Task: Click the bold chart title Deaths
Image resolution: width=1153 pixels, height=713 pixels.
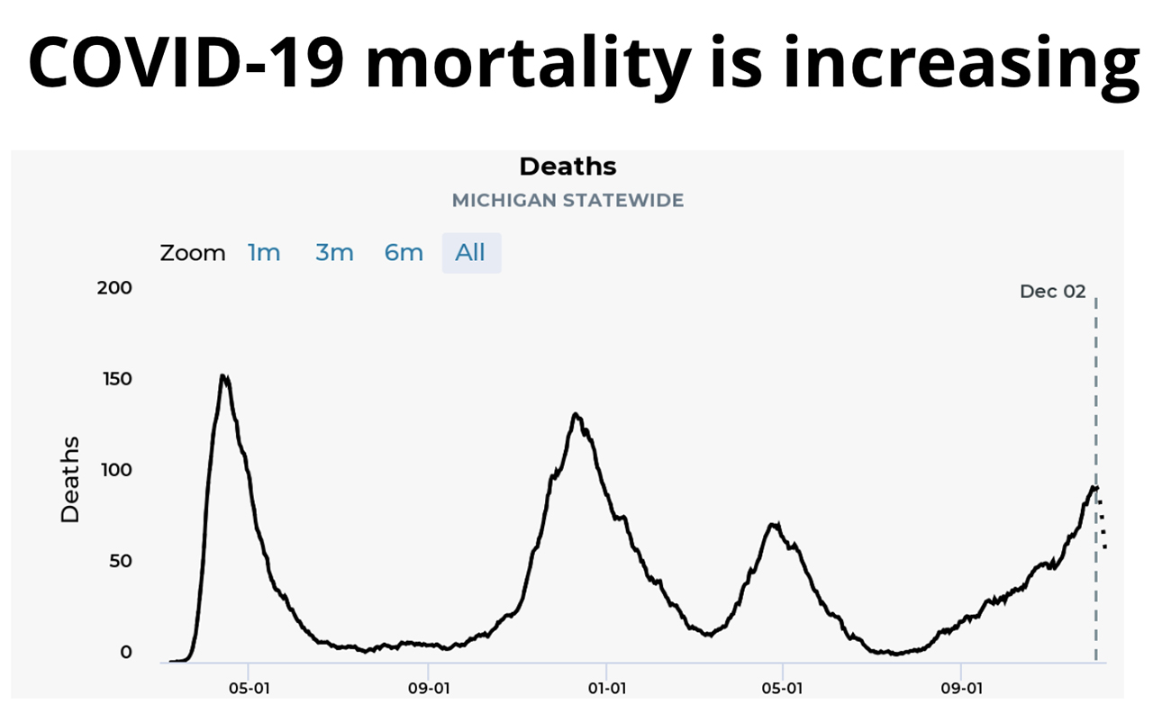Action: pyautogui.click(x=567, y=167)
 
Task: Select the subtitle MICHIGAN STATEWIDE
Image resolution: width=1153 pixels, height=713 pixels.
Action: pyautogui.click(x=567, y=200)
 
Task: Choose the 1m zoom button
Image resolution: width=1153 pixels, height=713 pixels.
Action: pyautogui.click(x=264, y=253)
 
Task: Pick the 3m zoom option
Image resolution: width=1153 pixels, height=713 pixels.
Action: pyautogui.click(x=334, y=253)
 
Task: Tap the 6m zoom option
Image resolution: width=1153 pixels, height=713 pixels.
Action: pyautogui.click(x=404, y=253)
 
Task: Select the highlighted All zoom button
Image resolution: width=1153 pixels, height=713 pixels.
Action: pyautogui.click(x=470, y=253)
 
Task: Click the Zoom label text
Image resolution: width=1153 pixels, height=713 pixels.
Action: pyautogui.click(x=193, y=253)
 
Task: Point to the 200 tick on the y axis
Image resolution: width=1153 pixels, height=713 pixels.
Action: pyautogui.click(x=114, y=288)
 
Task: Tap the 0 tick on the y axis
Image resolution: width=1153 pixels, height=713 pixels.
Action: pyautogui.click(x=126, y=653)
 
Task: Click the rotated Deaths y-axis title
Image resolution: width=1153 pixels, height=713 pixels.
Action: pyautogui.click(x=70, y=479)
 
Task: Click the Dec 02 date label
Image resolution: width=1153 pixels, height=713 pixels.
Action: pyautogui.click(x=1052, y=292)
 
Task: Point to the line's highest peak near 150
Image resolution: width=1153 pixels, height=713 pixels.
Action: pyautogui.click(x=223, y=375)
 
